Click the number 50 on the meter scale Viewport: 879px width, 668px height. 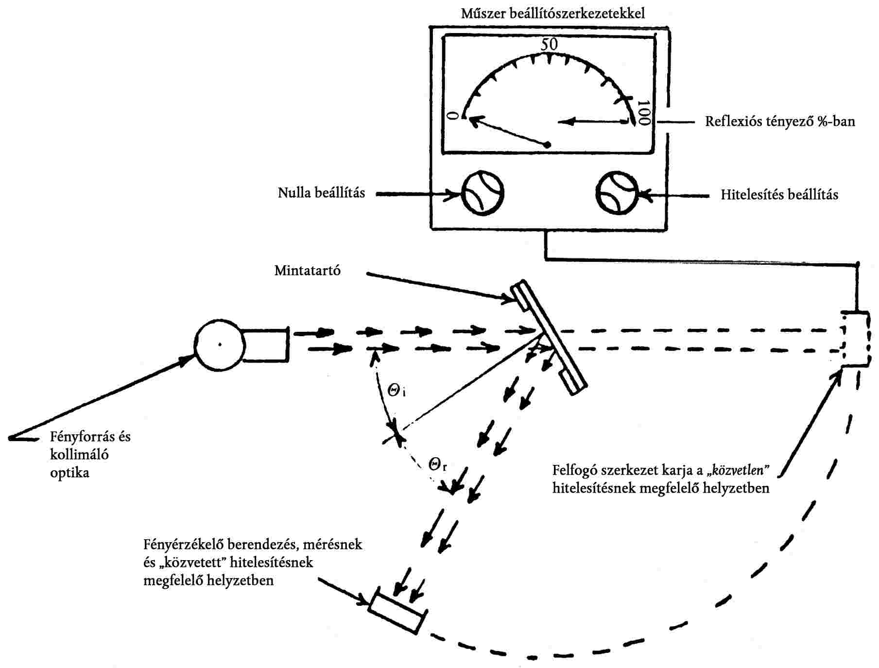click(549, 44)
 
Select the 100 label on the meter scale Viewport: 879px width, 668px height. click(643, 113)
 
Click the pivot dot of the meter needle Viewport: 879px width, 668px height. click(547, 144)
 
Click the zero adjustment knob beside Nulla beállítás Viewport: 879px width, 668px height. click(482, 193)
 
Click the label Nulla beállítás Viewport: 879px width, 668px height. click(321, 193)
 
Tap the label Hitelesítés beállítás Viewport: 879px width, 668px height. click(779, 195)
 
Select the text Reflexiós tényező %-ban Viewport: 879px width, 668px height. click(780, 121)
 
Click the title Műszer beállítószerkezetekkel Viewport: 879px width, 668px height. click(553, 13)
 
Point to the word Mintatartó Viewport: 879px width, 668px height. click(307, 271)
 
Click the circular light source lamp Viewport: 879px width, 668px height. click(220, 345)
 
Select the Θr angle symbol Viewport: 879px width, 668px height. click(437, 464)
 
